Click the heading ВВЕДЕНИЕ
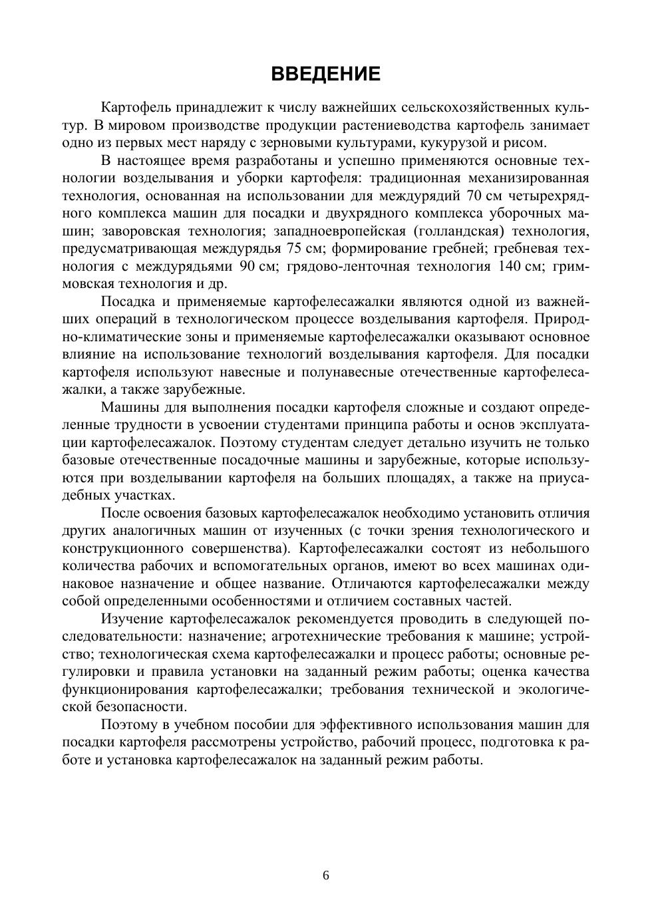[325, 74]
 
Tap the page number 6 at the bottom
[326, 875]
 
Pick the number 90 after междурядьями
[247, 266]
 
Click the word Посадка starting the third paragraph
[127, 301]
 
